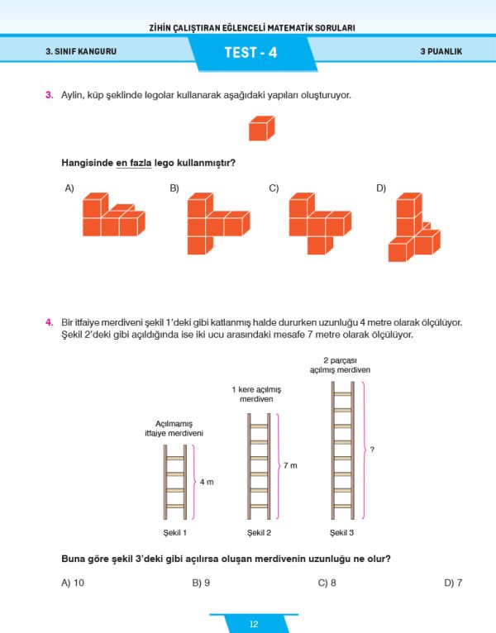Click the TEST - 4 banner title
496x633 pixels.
click(250, 53)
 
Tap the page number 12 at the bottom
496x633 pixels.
click(253, 624)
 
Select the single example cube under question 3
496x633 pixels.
click(261, 129)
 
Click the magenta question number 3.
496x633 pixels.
click(50, 96)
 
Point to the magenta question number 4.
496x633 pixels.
click(50, 322)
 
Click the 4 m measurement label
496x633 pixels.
click(207, 481)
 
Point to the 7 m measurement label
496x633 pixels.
click(289, 466)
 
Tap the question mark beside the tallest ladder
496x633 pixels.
click(373, 450)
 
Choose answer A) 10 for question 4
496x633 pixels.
click(73, 583)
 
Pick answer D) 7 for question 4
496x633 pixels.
click(453, 583)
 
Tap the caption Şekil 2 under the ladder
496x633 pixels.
click(259, 532)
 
